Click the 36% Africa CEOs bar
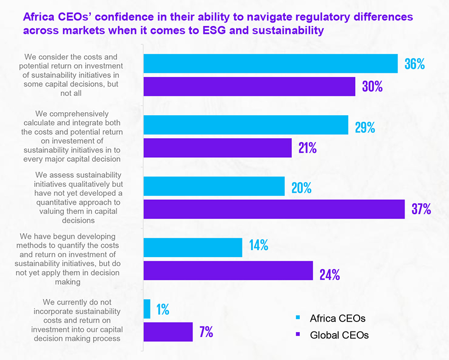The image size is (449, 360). (x=270, y=63)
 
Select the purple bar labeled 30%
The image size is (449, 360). (x=249, y=86)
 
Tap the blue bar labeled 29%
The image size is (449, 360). (x=245, y=125)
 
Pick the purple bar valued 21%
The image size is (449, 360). (x=218, y=148)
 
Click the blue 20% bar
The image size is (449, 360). (x=214, y=186)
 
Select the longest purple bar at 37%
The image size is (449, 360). (x=274, y=209)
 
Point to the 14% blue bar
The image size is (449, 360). (x=193, y=247)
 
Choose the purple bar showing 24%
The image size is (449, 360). (x=228, y=271)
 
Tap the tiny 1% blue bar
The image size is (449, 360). (x=147, y=309)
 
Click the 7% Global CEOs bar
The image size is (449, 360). (x=168, y=332)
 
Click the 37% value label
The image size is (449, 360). (x=421, y=209)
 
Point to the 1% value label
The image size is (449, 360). (x=163, y=310)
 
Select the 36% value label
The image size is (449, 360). (x=414, y=64)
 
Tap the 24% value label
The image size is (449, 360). (x=330, y=275)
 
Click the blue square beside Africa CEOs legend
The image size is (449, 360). (x=298, y=317)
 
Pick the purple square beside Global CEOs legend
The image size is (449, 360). (x=298, y=334)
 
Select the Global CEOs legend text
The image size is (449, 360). (x=339, y=335)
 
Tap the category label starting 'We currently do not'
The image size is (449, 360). (x=77, y=320)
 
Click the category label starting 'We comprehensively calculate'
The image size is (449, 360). (x=72, y=136)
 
